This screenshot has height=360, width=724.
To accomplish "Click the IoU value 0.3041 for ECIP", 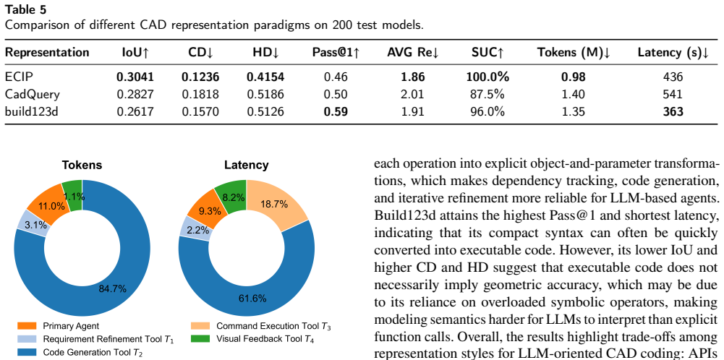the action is click(x=135, y=77).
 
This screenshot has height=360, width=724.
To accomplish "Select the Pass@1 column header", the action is click(x=336, y=53).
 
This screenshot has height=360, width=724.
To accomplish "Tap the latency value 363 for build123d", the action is click(x=673, y=112).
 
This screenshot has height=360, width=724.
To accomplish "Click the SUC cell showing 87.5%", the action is click(x=487, y=95).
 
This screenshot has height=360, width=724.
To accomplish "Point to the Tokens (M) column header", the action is click(x=574, y=53).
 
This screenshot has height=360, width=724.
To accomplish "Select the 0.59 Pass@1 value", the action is click(x=336, y=112).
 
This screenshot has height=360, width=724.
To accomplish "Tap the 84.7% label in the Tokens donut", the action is click(x=113, y=289).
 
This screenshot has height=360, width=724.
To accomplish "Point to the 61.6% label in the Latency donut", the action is click(x=252, y=299).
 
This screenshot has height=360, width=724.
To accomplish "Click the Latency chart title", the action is click(x=246, y=166).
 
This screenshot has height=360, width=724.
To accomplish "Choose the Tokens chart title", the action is click(x=82, y=166).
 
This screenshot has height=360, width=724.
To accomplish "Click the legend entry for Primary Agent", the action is click(x=57, y=326).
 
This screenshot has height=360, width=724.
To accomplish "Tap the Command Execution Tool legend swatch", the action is click(x=200, y=326).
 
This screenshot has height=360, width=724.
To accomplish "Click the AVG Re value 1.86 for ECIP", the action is click(x=413, y=77).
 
